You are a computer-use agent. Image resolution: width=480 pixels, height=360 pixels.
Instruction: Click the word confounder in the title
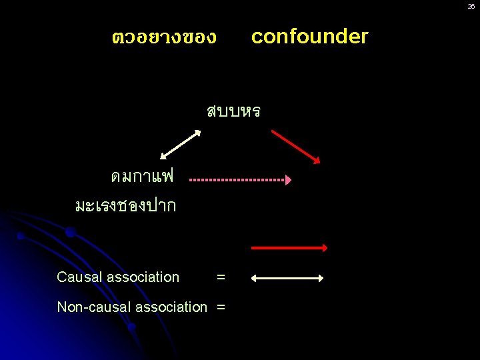(309, 37)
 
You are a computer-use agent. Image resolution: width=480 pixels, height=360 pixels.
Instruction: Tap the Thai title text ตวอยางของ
(164, 37)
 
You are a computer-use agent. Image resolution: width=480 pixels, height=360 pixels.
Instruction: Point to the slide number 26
(471, 6)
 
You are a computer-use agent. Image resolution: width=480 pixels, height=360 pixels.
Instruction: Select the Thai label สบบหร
(233, 111)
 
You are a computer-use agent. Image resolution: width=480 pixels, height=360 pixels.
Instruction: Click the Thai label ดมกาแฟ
(142, 177)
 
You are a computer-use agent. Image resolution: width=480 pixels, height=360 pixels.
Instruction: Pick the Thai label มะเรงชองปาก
(126, 205)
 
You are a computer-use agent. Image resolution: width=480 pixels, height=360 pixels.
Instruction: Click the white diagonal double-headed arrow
(181, 144)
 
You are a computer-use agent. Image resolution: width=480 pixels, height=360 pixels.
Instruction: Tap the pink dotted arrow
(240, 180)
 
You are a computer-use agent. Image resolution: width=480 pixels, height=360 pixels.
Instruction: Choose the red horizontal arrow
(289, 248)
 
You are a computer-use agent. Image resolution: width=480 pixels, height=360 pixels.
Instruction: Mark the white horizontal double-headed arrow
(287, 278)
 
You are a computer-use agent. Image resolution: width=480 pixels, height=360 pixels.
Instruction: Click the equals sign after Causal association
(221, 277)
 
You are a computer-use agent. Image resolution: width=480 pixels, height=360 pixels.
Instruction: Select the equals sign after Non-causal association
(221, 307)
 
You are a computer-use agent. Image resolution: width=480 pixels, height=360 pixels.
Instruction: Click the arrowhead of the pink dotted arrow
(288, 180)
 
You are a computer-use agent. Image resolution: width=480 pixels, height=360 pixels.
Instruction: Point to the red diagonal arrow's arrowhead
(317, 159)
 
